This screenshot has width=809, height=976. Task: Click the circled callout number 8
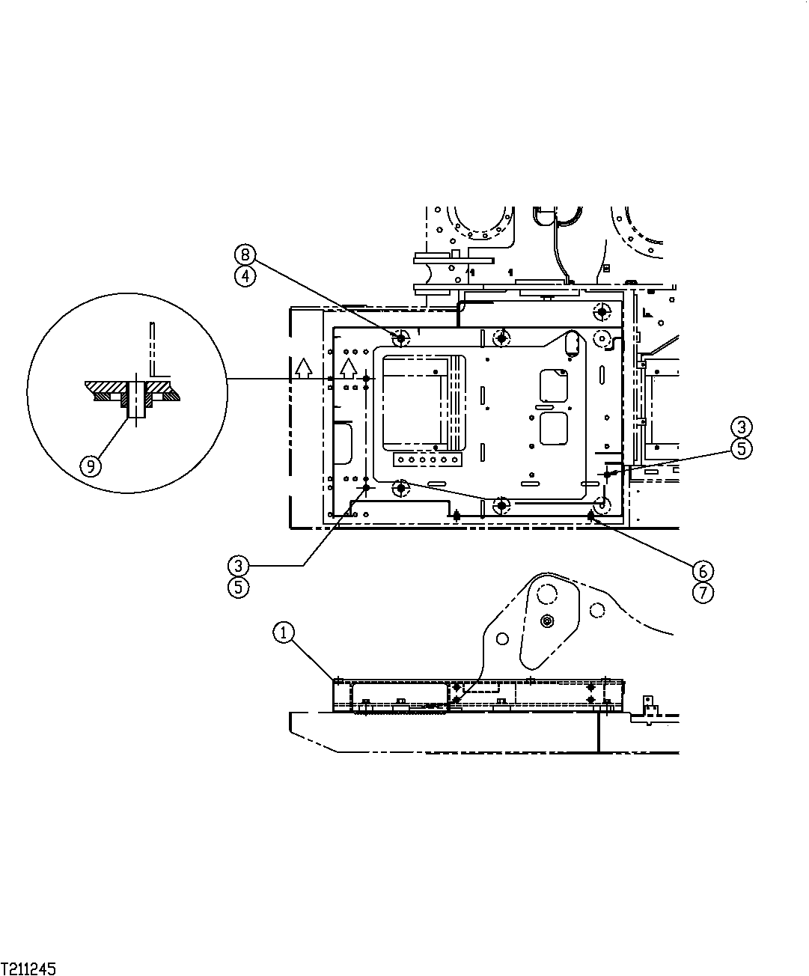point(245,254)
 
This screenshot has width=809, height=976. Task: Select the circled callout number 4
point(245,275)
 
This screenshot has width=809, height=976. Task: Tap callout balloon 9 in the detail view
point(91,466)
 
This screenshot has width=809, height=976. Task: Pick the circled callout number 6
point(702,571)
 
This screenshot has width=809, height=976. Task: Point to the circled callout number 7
point(702,593)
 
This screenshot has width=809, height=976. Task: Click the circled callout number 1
point(282,632)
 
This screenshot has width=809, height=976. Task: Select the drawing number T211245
point(28,969)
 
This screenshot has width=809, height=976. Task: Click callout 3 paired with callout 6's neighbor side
point(740,427)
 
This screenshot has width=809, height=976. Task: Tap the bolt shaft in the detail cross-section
point(135,399)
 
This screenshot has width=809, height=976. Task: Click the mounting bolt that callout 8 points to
point(401,338)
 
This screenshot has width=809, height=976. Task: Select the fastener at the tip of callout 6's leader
point(591,516)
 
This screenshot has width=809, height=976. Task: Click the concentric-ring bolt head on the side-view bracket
point(549,621)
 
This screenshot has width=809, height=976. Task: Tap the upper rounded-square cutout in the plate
point(555,385)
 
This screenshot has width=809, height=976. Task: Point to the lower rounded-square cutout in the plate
point(555,430)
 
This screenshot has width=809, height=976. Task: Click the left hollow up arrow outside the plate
point(303,367)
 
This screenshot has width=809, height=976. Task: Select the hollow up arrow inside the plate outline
point(347,367)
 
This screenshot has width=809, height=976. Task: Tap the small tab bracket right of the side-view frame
point(649,704)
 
